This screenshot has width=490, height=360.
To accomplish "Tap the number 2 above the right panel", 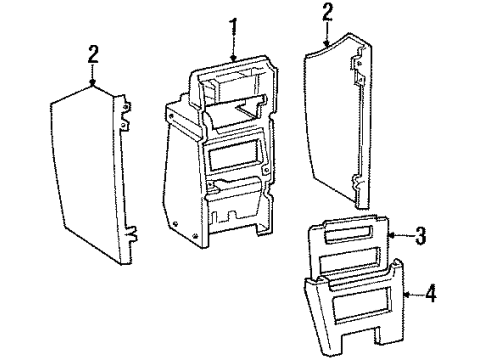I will click(x=327, y=12).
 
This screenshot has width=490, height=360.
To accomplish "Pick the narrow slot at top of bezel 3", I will click(x=347, y=232).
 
